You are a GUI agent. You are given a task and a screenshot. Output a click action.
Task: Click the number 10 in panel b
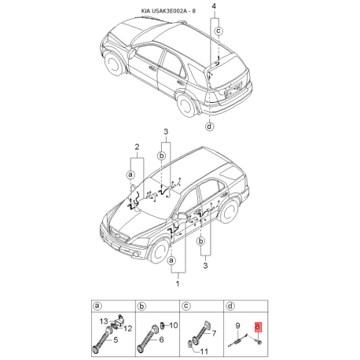(173, 325)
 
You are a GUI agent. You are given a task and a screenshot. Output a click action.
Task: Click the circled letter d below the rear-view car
(209, 126)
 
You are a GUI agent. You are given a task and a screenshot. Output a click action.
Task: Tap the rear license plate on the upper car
(233, 96)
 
